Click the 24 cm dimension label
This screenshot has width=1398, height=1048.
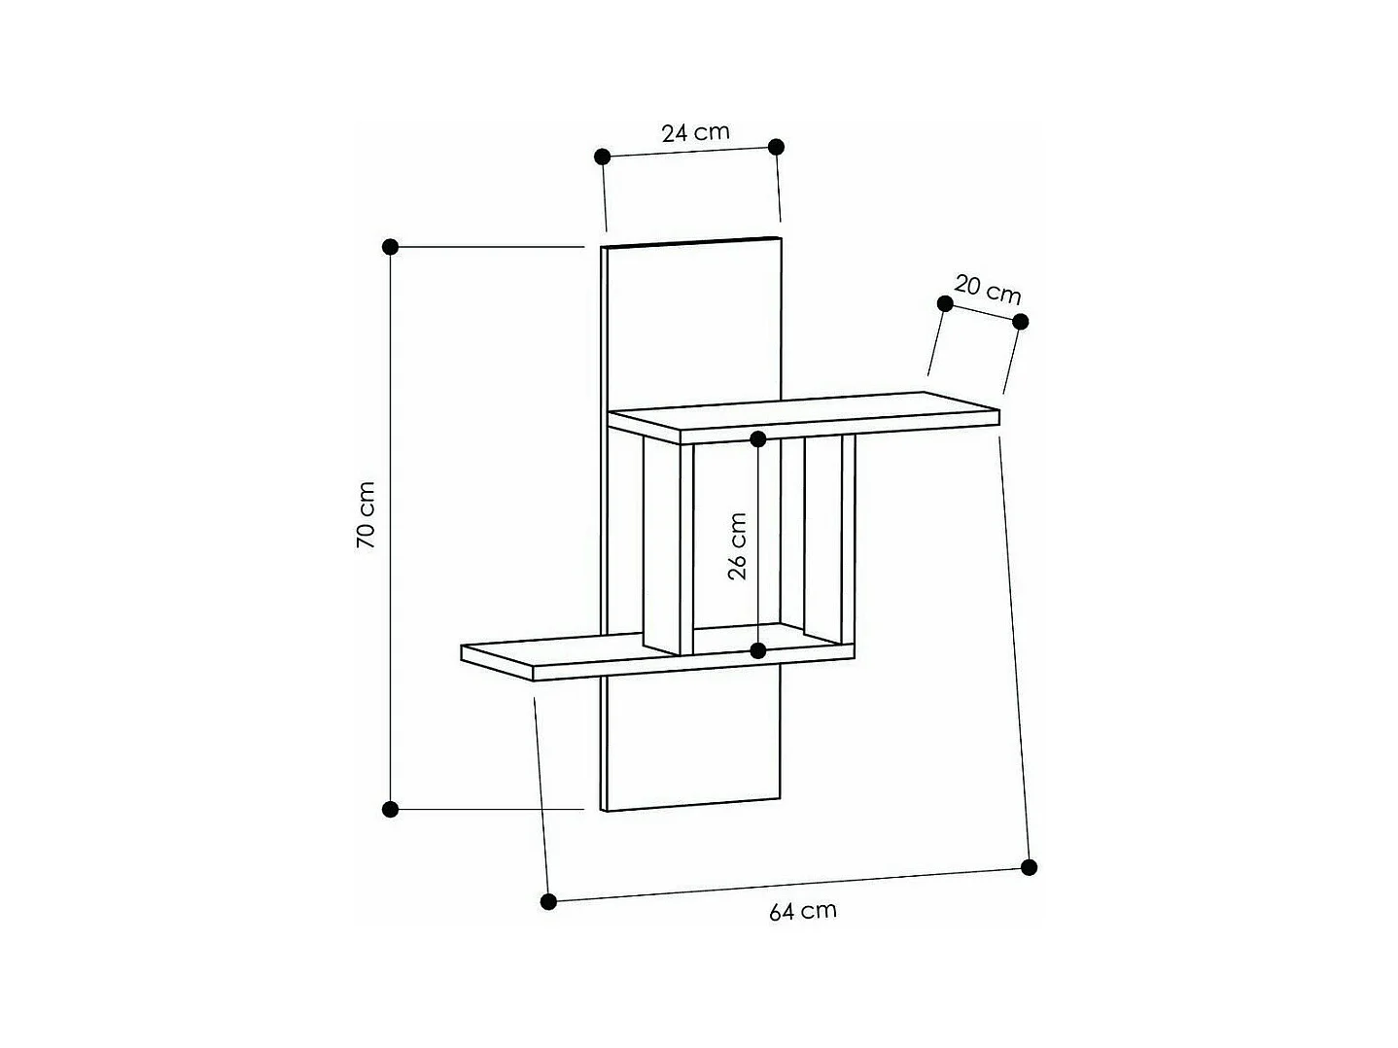[x=695, y=132]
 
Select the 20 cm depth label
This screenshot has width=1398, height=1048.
[x=988, y=289]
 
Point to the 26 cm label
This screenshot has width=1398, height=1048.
[x=738, y=546]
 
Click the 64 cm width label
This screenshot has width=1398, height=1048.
[x=802, y=911]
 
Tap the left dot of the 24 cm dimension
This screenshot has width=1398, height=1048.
[x=602, y=156]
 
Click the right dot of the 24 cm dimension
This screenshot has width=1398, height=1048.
[x=776, y=147]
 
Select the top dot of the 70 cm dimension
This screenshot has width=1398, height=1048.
[x=391, y=247]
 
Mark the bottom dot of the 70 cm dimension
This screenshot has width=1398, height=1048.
[x=391, y=809]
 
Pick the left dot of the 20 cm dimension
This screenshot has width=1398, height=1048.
[x=944, y=303]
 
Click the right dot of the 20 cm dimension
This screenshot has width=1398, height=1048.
[x=1020, y=322]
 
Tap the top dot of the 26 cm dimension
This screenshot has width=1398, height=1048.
[x=758, y=439]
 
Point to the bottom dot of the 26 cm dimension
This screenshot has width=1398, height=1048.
[x=758, y=650]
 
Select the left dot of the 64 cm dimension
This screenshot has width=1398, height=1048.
[x=548, y=901]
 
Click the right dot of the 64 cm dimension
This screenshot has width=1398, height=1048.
[x=1030, y=867]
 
